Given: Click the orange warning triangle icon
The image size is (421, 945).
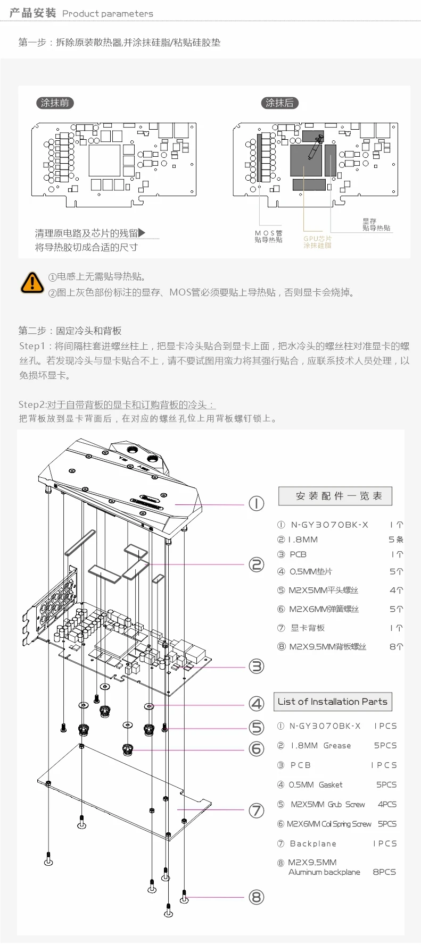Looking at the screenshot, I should point(32,283).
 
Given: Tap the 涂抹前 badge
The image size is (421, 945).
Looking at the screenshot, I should point(55,103).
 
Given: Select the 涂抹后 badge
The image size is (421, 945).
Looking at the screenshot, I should point(279,103).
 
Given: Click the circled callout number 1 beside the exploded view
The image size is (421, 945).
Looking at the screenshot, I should point(257,503).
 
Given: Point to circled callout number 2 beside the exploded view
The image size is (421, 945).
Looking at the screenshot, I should point(257,564).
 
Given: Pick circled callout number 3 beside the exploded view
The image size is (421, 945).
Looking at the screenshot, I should point(257,666).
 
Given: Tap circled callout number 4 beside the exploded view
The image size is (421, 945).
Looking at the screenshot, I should point(257,704).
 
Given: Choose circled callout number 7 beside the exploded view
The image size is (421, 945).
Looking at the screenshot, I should point(257,810).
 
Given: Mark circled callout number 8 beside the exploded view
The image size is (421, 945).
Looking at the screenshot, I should point(257,897).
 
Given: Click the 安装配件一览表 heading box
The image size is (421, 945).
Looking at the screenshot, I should point(335,496).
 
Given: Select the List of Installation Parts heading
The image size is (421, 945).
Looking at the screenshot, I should point(333,702).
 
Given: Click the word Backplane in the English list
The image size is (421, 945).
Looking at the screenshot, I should point(313,843).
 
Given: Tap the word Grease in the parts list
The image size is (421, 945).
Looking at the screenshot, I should point(337,746).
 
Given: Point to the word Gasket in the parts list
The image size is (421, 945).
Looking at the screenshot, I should point(331,785).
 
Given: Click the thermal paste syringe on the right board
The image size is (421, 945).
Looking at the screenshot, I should point(316,147).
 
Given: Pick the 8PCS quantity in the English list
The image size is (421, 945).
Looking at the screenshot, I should point(384,872).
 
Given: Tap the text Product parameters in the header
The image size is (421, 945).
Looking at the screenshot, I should point(108,14).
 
